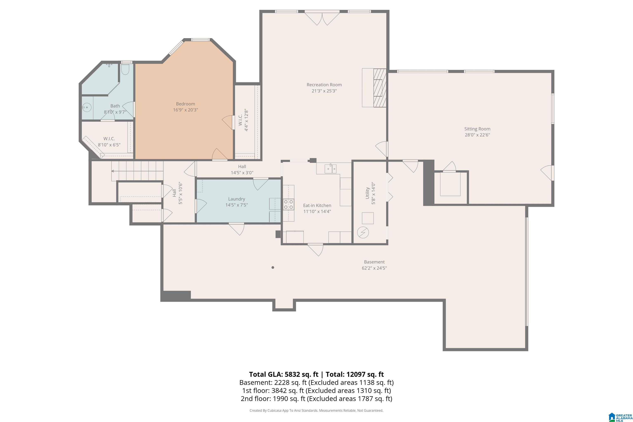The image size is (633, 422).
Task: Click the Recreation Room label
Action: point(324,85)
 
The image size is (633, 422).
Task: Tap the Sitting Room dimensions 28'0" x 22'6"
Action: point(477,135)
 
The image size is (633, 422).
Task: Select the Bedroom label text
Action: point(185,104)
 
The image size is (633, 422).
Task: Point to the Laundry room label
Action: point(237,199)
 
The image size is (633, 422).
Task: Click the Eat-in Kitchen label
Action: point(317,205)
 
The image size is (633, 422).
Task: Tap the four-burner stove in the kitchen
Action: point(288,205)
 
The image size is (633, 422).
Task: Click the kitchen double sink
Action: point(331,169)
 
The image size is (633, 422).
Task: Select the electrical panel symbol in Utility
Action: point(363,232)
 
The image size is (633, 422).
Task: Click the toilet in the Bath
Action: point(125,69)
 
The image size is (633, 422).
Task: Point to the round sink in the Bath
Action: point(87,108)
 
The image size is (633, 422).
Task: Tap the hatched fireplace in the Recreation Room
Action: point(380,88)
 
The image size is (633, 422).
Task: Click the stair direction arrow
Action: point(137,171)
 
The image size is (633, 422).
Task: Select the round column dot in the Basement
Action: point(273,267)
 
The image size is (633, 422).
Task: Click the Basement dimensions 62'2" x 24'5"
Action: point(374,268)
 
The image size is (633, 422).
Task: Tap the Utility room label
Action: point(367,193)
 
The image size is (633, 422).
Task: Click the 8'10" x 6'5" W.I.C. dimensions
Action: point(109,145)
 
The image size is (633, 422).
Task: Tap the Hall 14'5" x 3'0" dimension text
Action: point(242,172)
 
